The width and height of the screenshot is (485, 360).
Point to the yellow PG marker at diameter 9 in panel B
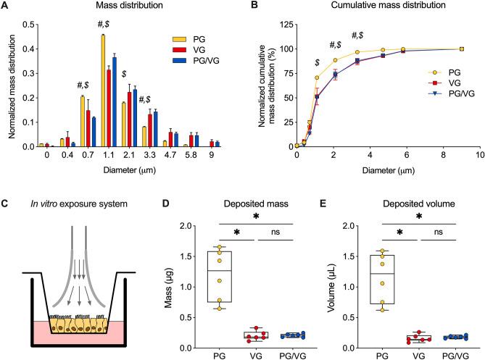pyautogui.click(x=461, y=49)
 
